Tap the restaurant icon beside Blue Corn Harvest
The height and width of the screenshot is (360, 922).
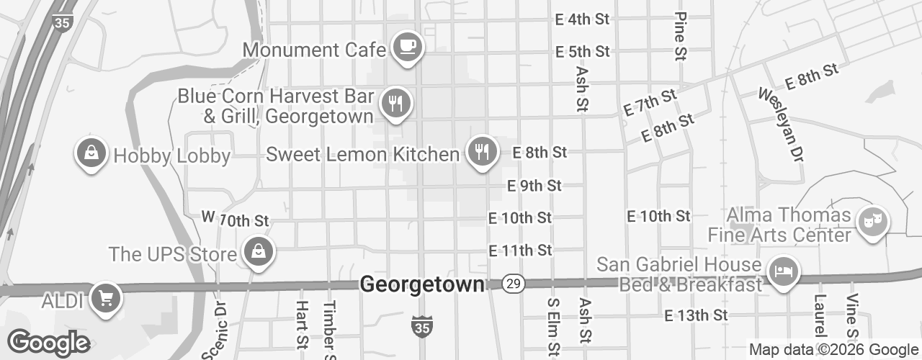coord(395,103)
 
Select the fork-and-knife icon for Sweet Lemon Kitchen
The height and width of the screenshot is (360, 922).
coord(481,151)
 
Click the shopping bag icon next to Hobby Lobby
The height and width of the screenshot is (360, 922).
coord(91,153)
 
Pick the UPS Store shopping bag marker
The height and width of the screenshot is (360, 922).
coord(256,252)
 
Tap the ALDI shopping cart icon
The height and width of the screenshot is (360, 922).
coord(106,297)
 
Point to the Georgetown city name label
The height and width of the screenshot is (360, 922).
coord(422,285)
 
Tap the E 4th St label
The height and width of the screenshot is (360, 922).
coord(583,19)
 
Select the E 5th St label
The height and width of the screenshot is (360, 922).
coord(583,52)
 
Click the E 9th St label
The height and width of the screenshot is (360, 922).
coord(534,186)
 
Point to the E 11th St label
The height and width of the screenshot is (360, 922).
coord(520,251)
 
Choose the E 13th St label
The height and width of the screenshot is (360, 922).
coord(696,315)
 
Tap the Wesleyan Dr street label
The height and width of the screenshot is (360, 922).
coord(780,124)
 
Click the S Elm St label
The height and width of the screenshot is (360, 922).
coord(553,328)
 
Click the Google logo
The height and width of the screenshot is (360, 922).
coord(49,343)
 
